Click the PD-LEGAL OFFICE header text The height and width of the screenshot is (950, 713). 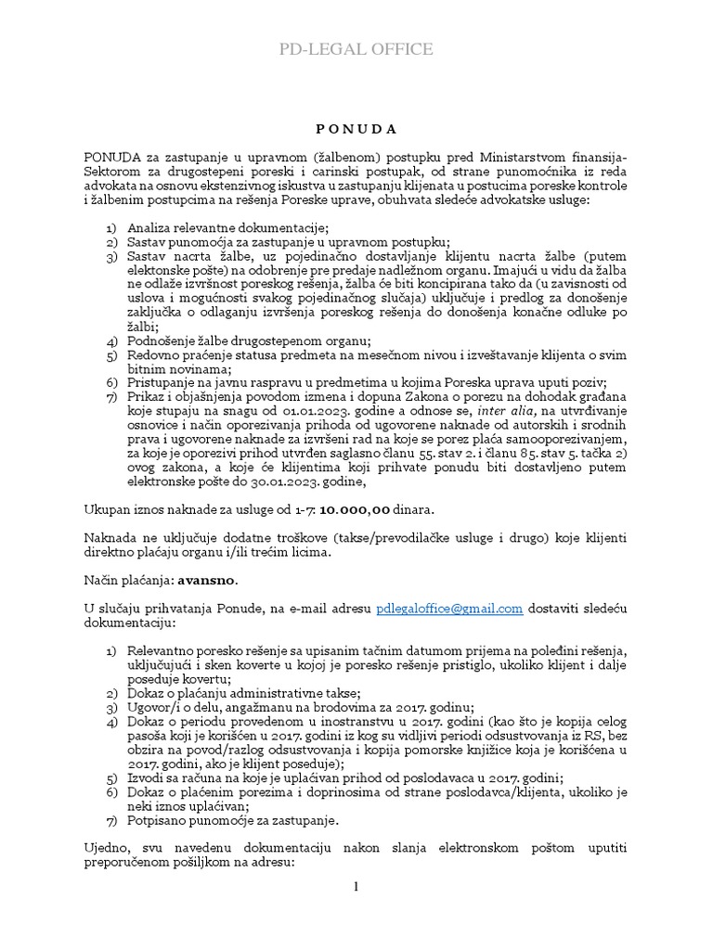pos(356,49)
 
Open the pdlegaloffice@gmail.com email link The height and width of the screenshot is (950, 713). pos(449,609)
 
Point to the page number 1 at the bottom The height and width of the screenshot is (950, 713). pos(356,888)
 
